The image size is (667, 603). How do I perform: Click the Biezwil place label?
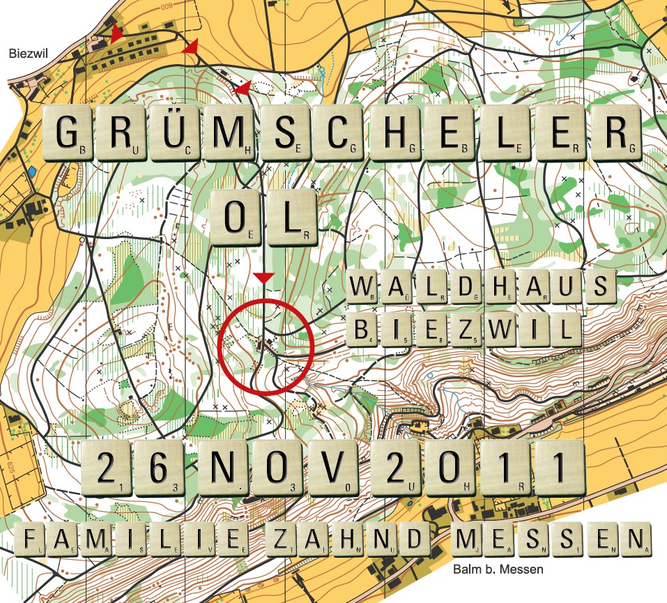22,52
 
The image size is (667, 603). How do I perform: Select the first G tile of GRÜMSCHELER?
68,133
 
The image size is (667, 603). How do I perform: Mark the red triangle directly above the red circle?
263,278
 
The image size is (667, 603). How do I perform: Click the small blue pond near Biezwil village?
32,171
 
